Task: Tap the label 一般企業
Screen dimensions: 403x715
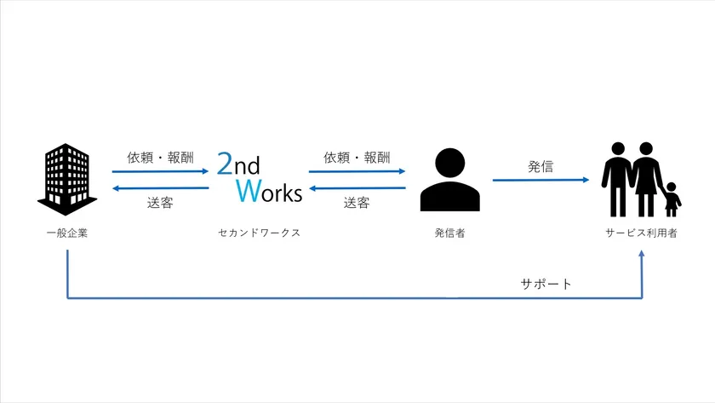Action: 66,233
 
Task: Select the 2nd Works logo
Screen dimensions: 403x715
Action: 259,177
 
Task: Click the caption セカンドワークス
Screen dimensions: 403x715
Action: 259,233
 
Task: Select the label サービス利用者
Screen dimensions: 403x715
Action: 642,233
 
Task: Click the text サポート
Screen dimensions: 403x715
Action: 546,284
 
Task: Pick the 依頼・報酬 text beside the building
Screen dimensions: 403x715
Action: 160,158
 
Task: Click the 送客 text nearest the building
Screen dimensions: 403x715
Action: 160,203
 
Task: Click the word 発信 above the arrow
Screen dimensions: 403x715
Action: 540,166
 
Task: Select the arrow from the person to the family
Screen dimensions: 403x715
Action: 541,180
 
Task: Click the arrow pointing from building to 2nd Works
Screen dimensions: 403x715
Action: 160,171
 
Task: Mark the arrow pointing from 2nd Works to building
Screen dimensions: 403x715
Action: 160,188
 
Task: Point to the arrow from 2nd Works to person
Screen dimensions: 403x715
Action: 357,171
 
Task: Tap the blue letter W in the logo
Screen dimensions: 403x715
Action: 247,191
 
